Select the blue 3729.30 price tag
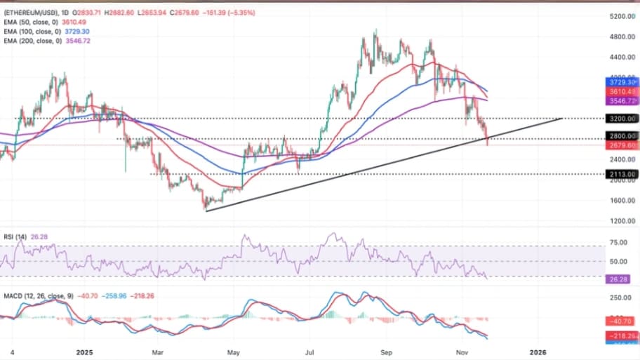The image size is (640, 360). coord(622,82)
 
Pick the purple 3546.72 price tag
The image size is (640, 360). coord(622,101)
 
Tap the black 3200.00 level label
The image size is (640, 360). coord(622,119)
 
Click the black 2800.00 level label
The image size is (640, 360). coord(622,136)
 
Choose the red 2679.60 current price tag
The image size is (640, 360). coord(622,146)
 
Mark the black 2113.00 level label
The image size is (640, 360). coord(622,174)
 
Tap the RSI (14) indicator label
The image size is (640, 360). coord(15,236)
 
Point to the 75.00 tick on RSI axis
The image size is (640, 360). coord(620,243)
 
